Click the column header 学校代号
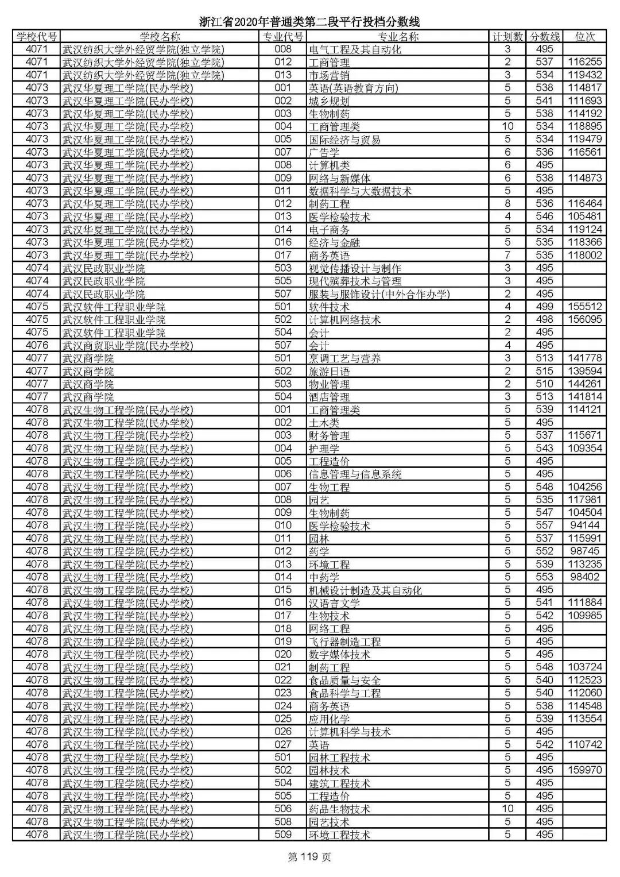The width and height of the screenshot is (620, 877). [37, 37]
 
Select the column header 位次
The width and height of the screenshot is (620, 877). [584, 37]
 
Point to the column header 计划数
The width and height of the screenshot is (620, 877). [507, 37]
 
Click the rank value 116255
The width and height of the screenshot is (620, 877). [584, 62]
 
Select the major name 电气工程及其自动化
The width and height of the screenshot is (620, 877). [355, 49]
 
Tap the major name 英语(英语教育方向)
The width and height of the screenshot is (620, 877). [353, 88]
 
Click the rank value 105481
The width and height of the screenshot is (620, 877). [584, 217]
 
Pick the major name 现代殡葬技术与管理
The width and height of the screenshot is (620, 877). [355, 281]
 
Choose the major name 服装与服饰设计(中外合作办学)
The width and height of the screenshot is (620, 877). [379, 294]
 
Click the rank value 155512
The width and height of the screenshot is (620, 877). [584, 307]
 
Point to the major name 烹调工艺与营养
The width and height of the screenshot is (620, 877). [344, 358]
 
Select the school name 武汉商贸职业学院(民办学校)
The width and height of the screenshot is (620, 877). [127, 345]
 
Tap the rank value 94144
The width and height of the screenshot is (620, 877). [584, 526]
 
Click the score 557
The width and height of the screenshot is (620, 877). [544, 526]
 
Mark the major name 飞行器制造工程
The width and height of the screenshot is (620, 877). [344, 642]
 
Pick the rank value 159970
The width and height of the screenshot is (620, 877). [584, 770]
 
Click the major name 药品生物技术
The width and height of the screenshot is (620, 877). [339, 809]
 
